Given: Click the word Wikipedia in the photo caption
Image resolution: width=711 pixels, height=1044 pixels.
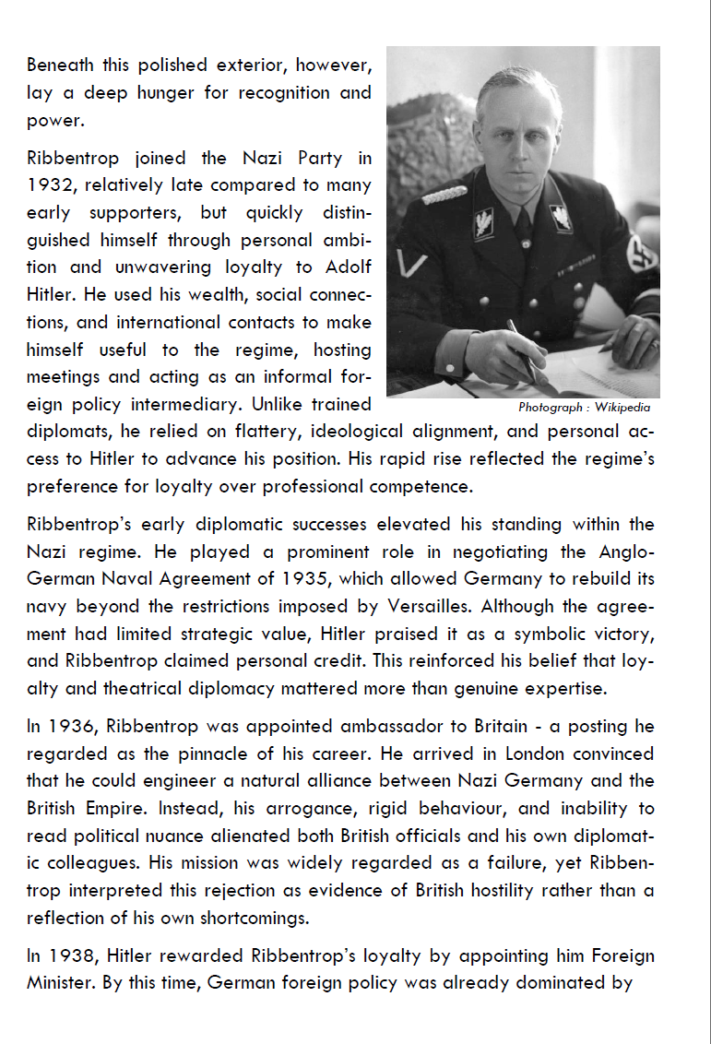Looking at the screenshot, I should pyautogui.click(x=622, y=407).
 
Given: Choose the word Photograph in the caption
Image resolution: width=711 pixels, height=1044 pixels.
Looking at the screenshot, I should pyautogui.click(x=550, y=407).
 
